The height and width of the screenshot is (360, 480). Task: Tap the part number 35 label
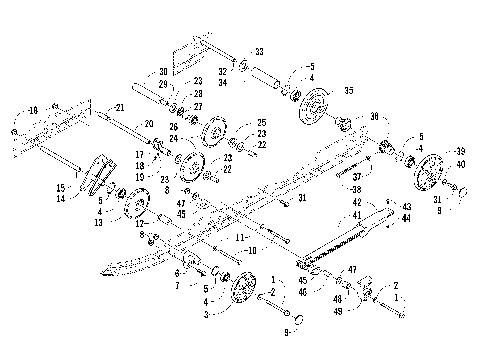[348, 89]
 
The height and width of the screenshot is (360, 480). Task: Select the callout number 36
[374, 117]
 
